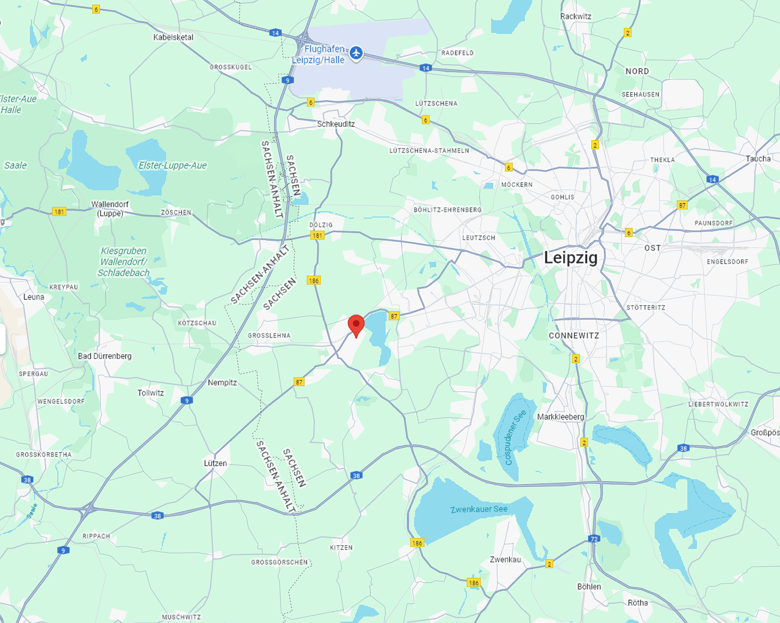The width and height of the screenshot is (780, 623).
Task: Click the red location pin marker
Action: [x=357, y=325]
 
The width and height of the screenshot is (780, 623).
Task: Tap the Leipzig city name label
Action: [x=571, y=258]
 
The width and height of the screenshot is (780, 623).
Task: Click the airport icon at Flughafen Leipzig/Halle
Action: [x=357, y=53]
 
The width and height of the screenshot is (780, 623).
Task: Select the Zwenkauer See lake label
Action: [x=479, y=509]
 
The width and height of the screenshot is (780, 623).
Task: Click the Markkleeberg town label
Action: [x=560, y=416]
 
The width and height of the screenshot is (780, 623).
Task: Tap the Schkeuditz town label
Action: [x=336, y=124]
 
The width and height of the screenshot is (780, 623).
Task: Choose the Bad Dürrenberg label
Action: [x=104, y=356]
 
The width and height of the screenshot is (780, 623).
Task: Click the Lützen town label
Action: [x=215, y=463]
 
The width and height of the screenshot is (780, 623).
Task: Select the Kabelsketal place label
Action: [x=173, y=37]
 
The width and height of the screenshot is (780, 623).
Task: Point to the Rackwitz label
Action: [x=575, y=16]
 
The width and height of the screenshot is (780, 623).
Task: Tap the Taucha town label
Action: [x=757, y=159]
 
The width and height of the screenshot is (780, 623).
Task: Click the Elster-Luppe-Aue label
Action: [x=172, y=166]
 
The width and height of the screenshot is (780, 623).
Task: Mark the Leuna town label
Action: [x=33, y=297]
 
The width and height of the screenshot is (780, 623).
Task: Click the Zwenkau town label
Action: [x=505, y=560]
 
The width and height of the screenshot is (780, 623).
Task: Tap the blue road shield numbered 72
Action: [x=594, y=539]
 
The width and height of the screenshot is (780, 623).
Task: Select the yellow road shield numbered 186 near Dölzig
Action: [x=313, y=281]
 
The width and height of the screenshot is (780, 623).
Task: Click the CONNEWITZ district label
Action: [x=573, y=336]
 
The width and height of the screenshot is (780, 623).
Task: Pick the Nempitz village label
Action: [x=222, y=382]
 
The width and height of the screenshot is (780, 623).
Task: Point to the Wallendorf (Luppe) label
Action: [x=110, y=209]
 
